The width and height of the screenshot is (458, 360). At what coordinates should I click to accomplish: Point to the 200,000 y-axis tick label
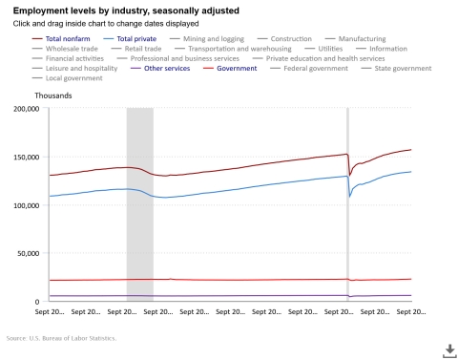[21, 109]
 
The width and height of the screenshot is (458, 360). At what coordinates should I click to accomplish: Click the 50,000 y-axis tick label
[23, 253]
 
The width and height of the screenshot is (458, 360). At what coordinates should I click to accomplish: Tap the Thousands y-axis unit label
[52, 96]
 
